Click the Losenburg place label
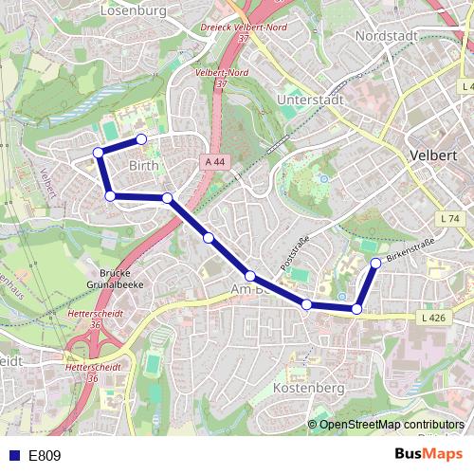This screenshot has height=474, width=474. pyautogui.click(x=133, y=10)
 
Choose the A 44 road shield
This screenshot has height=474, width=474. pyautogui.click(x=215, y=162)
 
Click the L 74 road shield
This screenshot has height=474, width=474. pyautogui.click(x=449, y=219)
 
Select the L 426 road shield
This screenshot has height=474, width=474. pyautogui.click(x=432, y=318)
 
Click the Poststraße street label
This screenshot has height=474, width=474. pyautogui.click(x=295, y=251)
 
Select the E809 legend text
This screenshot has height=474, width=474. pyautogui.click(x=45, y=455)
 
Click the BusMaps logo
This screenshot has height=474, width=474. pyautogui.click(x=428, y=454)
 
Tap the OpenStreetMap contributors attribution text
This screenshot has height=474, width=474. pyautogui.click(x=392, y=425)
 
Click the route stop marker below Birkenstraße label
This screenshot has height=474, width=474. pyautogui.click(x=375, y=263)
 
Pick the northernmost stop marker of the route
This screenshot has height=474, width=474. pyautogui.click(x=141, y=139)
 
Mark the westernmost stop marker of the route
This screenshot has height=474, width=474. pyautogui.click(x=98, y=152)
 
